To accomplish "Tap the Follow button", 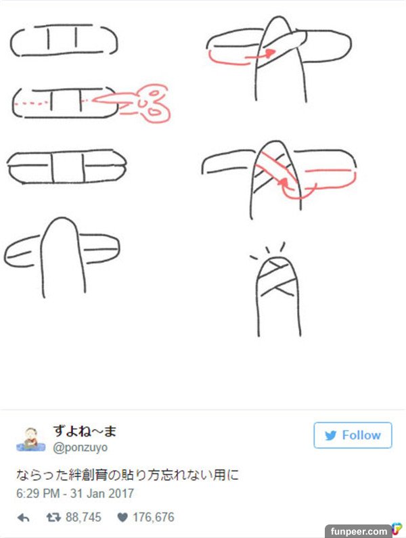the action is tap(353, 435).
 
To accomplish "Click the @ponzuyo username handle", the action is tap(81, 447).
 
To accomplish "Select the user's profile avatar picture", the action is tap(31, 439).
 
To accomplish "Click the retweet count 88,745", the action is tap(83, 517).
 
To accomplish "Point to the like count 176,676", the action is tap(154, 517).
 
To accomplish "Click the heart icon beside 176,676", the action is tap(122, 517).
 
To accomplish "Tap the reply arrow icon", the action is tap(23, 518).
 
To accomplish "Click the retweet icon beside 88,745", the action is tap(53, 517).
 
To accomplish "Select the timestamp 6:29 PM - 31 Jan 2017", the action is tap(75, 493).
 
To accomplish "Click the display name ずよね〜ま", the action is tap(85, 431).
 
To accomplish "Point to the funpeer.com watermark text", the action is tap(359, 531).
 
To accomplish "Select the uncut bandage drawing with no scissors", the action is tap(64, 40).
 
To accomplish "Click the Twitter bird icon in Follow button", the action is tap(330, 435).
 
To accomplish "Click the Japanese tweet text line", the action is tap(127, 475).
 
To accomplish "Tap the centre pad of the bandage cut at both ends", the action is tap(68, 168).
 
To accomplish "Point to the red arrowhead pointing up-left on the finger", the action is tap(283, 183).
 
